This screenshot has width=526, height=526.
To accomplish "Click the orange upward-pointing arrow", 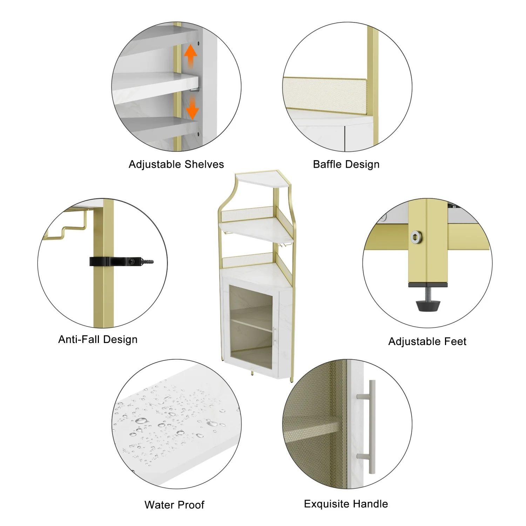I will (x=190, y=54).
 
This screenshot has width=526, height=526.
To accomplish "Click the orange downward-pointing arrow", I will (x=192, y=109).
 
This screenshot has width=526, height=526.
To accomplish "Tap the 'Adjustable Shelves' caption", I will (x=176, y=164).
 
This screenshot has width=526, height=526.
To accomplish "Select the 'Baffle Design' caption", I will (x=346, y=164).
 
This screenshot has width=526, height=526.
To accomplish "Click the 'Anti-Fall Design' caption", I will (x=98, y=339).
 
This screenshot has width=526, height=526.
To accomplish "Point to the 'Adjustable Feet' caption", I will (x=427, y=341).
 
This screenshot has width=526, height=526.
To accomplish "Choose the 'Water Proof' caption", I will (x=174, y=505).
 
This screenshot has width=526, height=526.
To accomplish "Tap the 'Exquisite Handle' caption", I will (x=346, y=504).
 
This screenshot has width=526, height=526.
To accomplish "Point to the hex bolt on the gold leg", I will (x=416, y=237).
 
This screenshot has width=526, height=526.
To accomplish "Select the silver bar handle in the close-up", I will (x=371, y=426).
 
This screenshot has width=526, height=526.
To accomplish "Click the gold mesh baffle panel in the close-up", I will (x=324, y=93).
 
